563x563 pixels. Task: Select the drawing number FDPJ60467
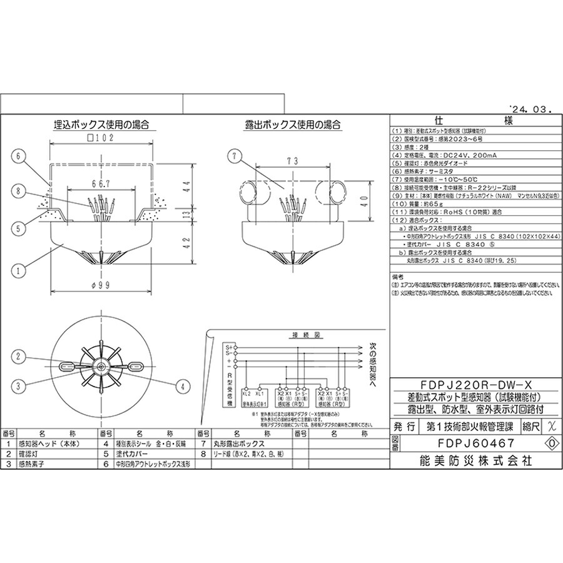468,443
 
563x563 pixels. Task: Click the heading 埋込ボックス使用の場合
102,124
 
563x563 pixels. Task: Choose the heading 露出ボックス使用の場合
293,124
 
